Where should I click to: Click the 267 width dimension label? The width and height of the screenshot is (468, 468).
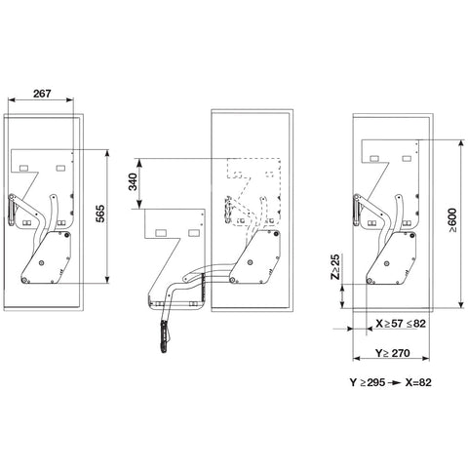[42, 94]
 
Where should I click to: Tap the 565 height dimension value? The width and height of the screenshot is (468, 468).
[101, 214]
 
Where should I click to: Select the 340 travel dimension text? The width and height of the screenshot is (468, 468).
[133, 182]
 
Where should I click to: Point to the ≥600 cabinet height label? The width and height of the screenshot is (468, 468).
[452, 220]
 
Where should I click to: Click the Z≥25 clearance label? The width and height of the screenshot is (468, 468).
[335, 267]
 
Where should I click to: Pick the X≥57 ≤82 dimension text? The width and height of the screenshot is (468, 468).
[401, 324]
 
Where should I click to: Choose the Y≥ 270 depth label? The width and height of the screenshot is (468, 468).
[393, 353]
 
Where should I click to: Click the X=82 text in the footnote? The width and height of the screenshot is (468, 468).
[418, 382]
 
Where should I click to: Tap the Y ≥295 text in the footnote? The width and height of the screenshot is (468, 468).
[368, 382]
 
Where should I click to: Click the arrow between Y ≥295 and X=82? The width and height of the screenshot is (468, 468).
[395, 383]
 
